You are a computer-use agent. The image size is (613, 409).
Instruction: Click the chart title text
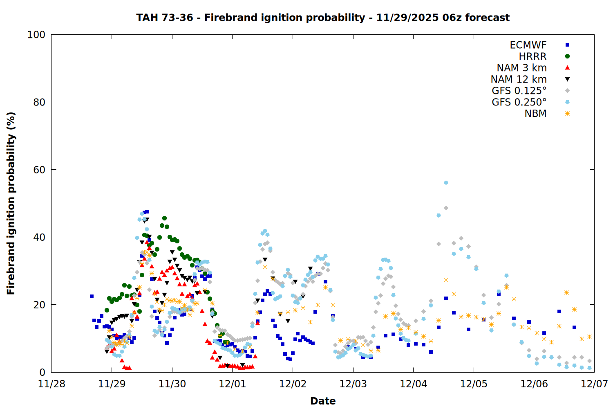pyautogui.click(x=323, y=18)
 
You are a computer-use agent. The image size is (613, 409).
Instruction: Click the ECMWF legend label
pyautogui.click(x=528, y=45)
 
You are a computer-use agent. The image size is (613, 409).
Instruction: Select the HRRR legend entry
pyautogui.click(x=532, y=56)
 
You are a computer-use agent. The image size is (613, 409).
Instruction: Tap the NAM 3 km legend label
pyautogui.click(x=521, y=68)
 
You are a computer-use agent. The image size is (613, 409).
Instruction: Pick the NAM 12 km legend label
pyautogui.click(x=519, y=79)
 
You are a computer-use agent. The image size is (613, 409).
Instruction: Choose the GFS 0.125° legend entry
pyautogui.click(x=519, y=91)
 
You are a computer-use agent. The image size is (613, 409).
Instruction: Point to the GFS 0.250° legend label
pyautogui.click(x=519, y=102)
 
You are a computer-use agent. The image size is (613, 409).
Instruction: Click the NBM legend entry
pyautogui.click(x=535, y=114)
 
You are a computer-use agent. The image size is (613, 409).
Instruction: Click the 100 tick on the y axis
pyautogui.click(x=36, y=35)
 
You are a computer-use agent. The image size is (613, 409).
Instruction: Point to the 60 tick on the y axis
pyautogui.click(x=39, y=170)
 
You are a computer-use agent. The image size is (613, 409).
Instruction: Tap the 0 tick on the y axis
pyautogui.click(x=42, y=372)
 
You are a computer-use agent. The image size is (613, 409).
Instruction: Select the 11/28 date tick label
pyautogui.click(x=51, y=384)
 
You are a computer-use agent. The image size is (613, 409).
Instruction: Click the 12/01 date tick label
pyautogui.click(x=233, y=384)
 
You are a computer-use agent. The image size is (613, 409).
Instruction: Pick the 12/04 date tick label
pyautogui.click(x=413, y=384)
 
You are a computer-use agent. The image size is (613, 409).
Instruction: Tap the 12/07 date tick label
pyautogui.click(x=594, y=384)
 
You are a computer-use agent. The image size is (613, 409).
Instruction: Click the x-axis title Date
pyautogui.click(x=323, y=401)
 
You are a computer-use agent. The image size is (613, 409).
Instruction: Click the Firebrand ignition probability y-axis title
pyautogui.click(x=11, y=203)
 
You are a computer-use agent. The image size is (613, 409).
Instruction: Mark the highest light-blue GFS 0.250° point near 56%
pyautogui.click(x=446, y=183)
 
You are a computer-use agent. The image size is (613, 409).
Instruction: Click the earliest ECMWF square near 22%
pyautogui.click(x=92, y=296)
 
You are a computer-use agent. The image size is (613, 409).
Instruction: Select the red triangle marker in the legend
pyautogui.click(x=567, y=68)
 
